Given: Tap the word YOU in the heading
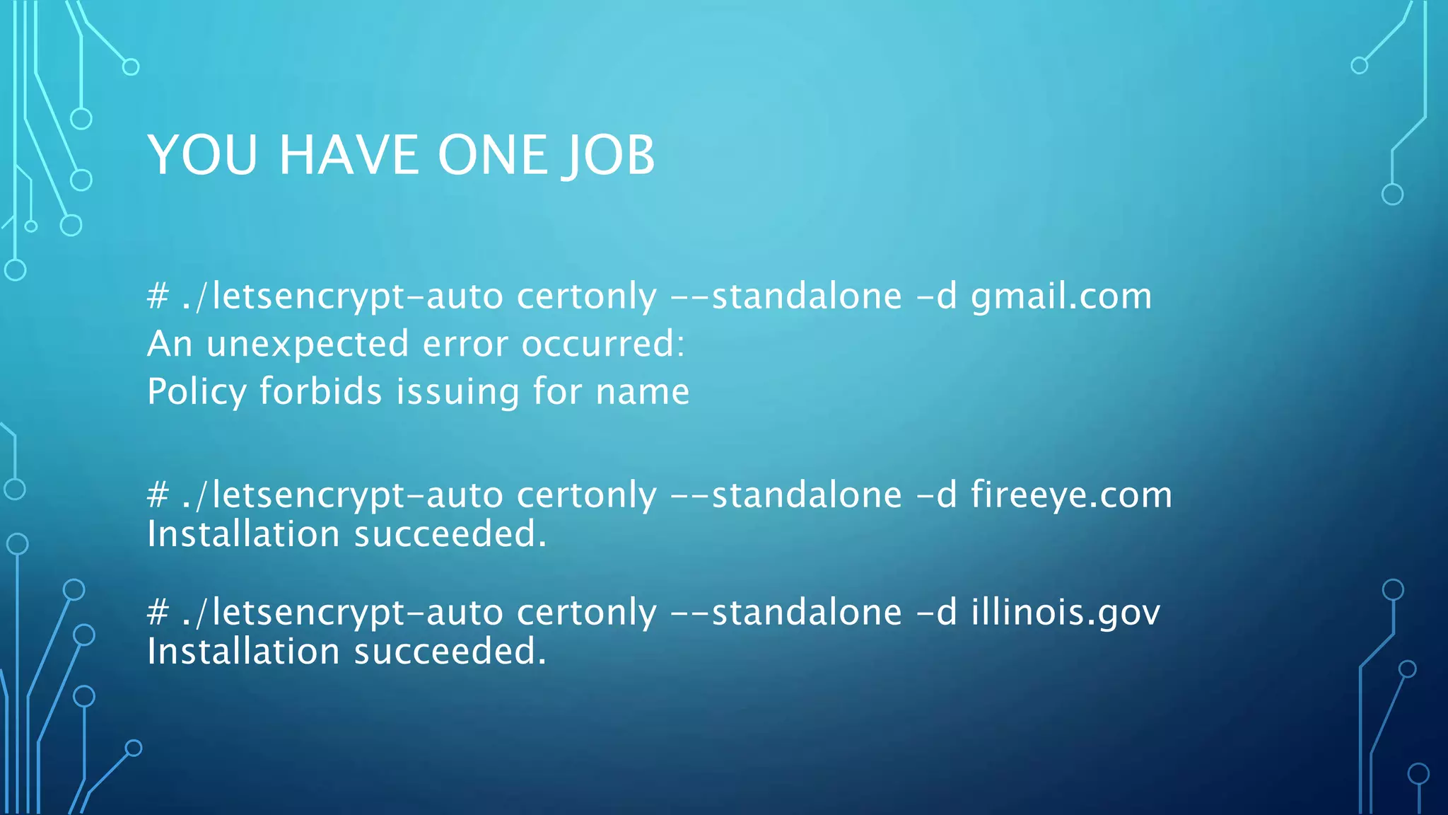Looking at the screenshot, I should pos(203,155).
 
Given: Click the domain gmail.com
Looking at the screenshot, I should pos(1061,297).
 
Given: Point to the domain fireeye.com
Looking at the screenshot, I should pos(1070,495).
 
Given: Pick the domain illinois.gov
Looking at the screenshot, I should pos(1065,613).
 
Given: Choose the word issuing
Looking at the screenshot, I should pos(457,392).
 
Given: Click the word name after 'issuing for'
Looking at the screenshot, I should pos(642,392).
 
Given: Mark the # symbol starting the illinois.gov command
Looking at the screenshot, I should pos(158,612).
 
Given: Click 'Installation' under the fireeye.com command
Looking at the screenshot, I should pos(243,534).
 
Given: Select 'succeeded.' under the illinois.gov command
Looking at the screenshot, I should pos(450,652).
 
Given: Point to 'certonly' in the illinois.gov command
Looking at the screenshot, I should pos(586,613).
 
